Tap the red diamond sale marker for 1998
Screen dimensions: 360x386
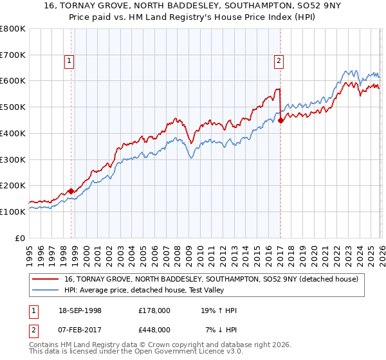(x=71, y=191)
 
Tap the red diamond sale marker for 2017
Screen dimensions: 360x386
(x=281, y=120)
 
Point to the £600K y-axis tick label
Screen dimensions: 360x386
(x=13, y=81)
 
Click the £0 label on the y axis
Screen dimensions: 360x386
(x=21, y=238)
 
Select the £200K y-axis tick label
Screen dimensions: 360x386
(x=13, y=186)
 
